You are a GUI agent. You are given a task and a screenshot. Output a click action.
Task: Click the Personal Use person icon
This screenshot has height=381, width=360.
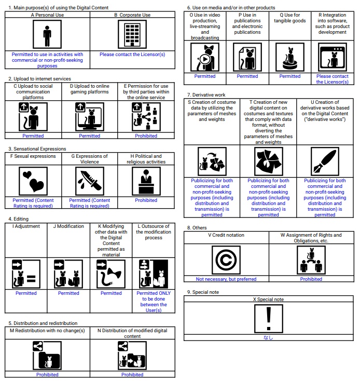pos(47,35)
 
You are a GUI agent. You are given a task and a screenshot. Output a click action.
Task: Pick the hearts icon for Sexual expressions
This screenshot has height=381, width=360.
pos(33,182)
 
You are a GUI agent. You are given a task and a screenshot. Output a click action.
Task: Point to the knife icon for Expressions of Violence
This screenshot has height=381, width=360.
pos(90,182)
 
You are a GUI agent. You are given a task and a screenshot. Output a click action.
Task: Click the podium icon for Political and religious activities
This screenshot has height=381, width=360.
pos(146,182)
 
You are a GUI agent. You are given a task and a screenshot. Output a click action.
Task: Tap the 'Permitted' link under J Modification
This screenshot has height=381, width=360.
pos(68,293)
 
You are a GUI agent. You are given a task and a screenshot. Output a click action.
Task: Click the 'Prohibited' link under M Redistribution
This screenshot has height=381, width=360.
pos(47,374)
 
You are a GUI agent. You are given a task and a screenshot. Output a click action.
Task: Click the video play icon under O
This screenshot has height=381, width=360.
pos(205,58)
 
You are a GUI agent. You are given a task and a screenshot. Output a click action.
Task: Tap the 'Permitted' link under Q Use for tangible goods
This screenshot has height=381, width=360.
pos(290,76)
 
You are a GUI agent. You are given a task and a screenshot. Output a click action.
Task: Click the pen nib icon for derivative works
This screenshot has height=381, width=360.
pos(325,161)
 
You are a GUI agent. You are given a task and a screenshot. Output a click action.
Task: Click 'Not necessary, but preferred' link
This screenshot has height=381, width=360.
pos(226,279)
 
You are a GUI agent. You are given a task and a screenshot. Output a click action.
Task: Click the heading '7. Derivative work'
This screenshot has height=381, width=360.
pos(206,95)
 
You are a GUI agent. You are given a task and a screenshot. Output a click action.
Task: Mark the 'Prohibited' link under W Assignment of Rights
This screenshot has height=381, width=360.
pos(311,279)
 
